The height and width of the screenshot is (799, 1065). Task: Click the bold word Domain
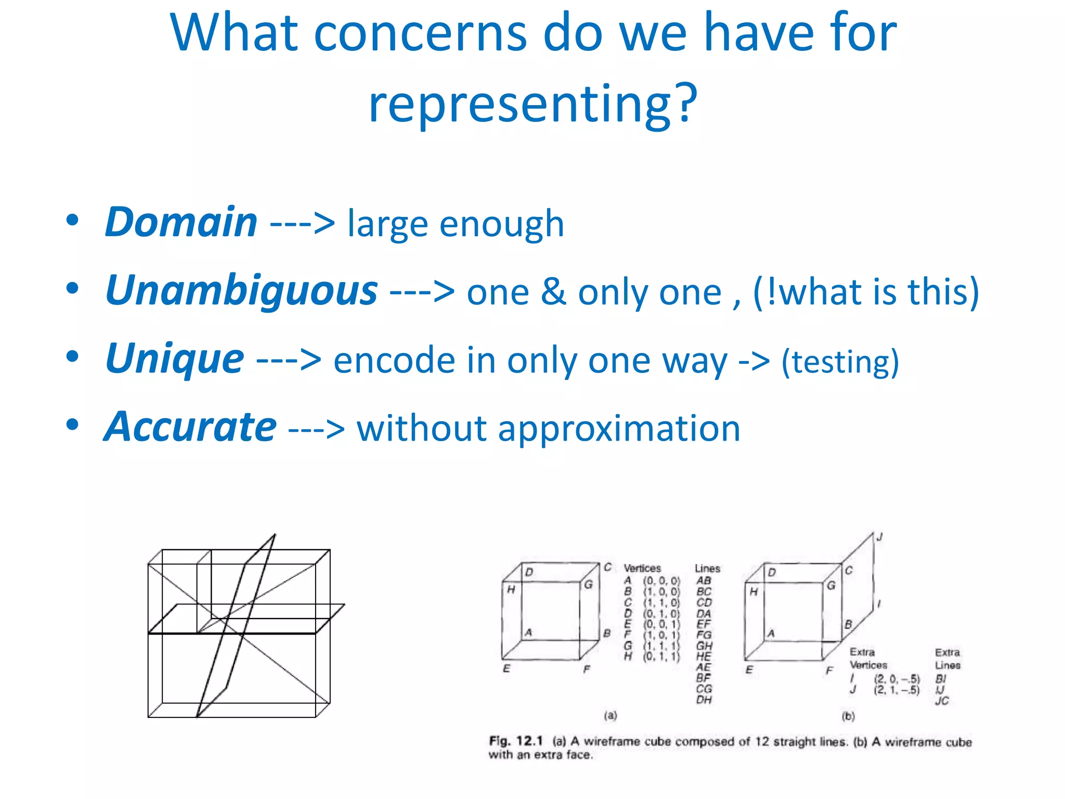coord(181,223)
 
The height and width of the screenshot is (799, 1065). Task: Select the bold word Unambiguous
coord(241,291)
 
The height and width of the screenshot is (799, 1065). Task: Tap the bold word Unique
coord(174,359)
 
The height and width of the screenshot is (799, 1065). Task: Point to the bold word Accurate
coord(190,428)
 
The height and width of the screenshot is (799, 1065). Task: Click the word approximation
coord(619,429)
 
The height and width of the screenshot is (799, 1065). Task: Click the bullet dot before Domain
coord(72,220)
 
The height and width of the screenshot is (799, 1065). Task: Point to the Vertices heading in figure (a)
coord(642,568)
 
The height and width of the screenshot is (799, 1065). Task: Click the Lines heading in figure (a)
coord(707,568)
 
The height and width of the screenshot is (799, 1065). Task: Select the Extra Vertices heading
coord(868,659)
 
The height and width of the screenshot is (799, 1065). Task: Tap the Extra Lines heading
coord(947,659)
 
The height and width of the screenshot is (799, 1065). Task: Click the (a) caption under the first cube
coord(611,715)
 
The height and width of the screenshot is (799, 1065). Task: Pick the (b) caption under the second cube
coord(848,716)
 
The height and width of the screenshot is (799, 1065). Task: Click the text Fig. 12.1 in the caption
coord(515,741)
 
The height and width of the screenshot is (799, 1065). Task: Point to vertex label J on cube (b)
coord(879,537)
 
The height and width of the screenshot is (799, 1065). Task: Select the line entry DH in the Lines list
coord(704,700)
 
